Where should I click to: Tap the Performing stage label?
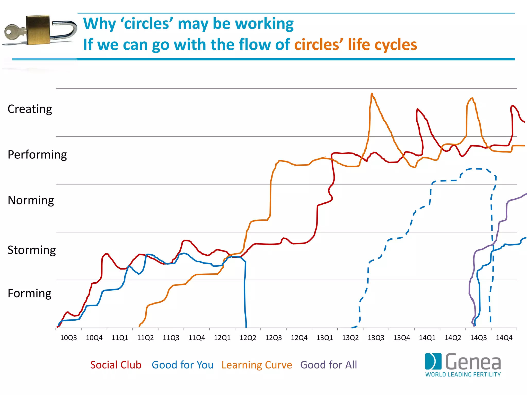[37, 155]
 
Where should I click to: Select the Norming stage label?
[31, 200]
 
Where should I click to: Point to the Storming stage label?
[32, 250]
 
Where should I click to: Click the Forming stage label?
[30, 293]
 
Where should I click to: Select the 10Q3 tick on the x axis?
[68, 338]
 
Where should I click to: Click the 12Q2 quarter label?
[248, 338]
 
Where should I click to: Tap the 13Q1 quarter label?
[325, 338]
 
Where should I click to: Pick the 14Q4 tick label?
[504, 338]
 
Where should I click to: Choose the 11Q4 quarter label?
[197, 338]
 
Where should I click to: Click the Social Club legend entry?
[116, 365]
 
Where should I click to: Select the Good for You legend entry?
[182, 365]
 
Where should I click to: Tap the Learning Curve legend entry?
[257, 365]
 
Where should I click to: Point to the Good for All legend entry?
[329, 365]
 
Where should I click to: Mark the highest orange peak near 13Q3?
[372, 94]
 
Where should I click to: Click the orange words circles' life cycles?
[355, 45]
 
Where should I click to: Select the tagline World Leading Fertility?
[463, 375]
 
